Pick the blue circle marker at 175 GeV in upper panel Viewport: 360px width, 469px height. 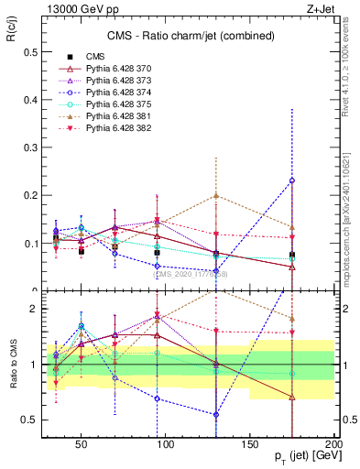coord(292,180)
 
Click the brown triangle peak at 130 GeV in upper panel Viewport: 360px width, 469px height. coord(216,195)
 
